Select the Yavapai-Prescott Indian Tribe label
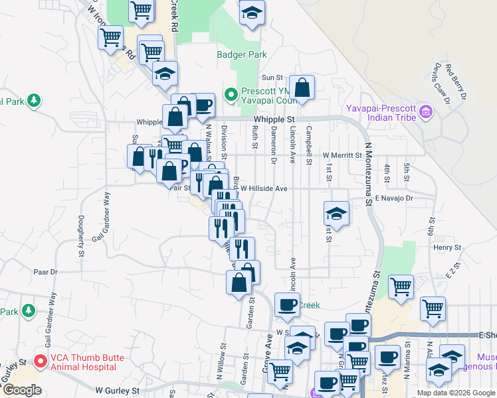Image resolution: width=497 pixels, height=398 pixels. (381, 113)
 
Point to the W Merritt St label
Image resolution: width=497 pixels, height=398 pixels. (342, 155)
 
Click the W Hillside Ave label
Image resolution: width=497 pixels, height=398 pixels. (264, 188)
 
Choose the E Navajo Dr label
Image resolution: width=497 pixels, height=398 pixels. (394, 198)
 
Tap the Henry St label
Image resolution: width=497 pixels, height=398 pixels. (447, 247)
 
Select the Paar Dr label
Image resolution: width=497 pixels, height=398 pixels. (46, 272)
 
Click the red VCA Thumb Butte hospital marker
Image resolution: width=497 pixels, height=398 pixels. (39, 362)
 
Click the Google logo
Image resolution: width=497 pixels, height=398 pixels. (22, 389)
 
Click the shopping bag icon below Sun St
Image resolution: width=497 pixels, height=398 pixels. (302, 88)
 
